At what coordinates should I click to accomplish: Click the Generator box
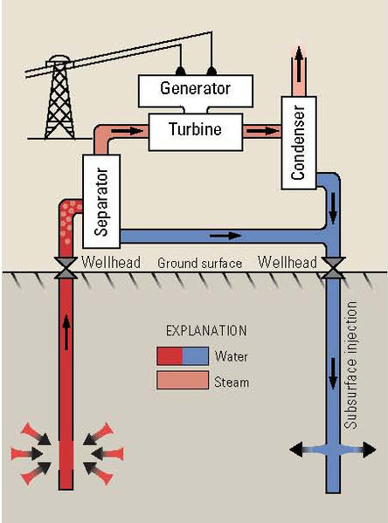click(x=196, y=88)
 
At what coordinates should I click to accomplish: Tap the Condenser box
click(x=297, y=143)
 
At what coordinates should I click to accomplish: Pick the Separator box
click(x=100, y=201)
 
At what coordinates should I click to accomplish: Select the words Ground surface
click(x=199, y=263)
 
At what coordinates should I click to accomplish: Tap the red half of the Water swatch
click(x=170, y=356)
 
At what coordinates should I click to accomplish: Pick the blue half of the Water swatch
click(x=195, y=356)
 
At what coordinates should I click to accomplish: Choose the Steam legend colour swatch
click(x=182, y=381)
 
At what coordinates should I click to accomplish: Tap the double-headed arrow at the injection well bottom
click(x=332, y=450)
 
